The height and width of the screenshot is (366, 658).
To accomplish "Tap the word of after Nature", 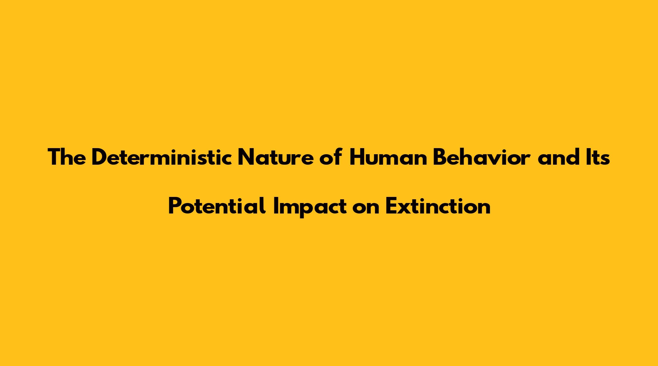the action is tap(330, 157).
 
